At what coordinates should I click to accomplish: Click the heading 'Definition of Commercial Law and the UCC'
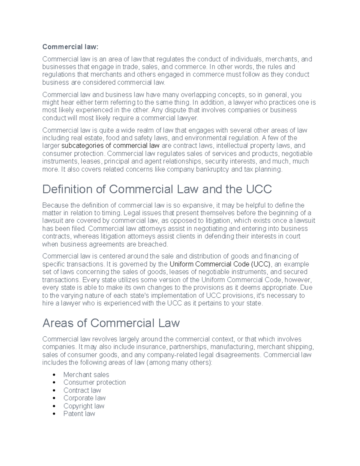[157, 189]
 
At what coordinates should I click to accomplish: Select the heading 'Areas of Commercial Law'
[111, 323]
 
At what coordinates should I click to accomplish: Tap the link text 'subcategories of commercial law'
[110, 146]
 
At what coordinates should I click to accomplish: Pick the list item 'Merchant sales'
[86, 374]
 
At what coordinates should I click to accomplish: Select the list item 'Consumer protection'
[94, 382]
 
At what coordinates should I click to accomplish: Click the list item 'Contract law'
[82, 390]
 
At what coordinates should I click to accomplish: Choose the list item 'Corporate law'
[84, 398]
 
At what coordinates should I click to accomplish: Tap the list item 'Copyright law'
[84, 406]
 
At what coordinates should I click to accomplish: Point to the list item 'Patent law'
[79, 414]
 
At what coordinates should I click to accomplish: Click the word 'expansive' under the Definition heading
[198, 205]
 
